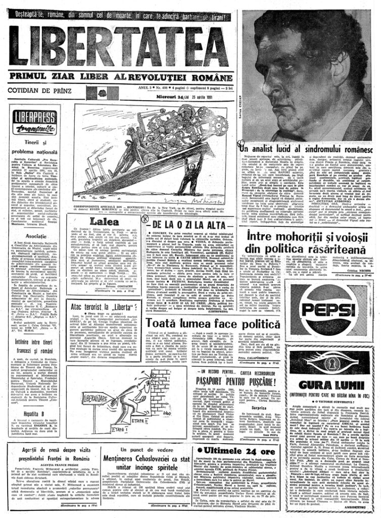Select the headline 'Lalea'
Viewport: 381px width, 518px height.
pos(104,221)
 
